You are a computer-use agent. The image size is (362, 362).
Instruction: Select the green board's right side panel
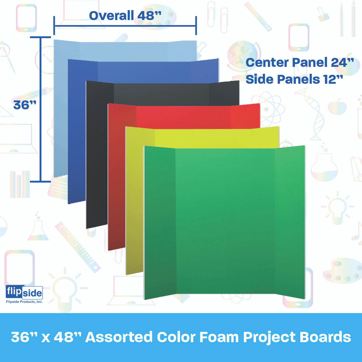[290, 222]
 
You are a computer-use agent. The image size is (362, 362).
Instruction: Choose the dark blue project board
[77, 132]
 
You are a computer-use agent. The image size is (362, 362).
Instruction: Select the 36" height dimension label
[24, 105]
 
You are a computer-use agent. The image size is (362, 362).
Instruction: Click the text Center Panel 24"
[299, 63]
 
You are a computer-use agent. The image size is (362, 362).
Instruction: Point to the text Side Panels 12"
[294, 79]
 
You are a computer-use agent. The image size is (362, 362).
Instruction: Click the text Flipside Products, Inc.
[24, 302]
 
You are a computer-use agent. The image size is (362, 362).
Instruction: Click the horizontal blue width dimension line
[125, 25]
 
